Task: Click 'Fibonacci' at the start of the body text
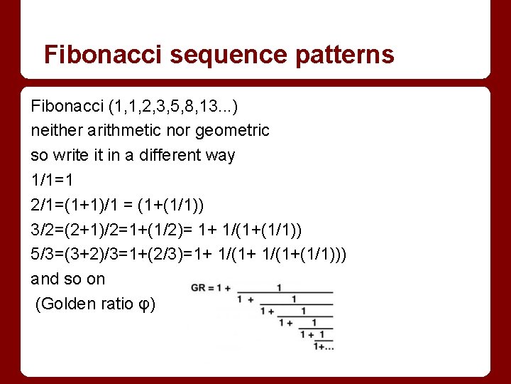pyautogui.click(x=67, y=106)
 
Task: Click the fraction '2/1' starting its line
pyautogui.click(x=43, y=205)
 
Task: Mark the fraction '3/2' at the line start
pyautogui.click(x=43, y=230)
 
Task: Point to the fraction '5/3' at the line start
pyautogui.click(x=43, y=254)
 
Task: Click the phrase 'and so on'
pyautogui.click(x=67, y=279)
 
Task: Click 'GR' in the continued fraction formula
pyautogui.click(x=197, y=288)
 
